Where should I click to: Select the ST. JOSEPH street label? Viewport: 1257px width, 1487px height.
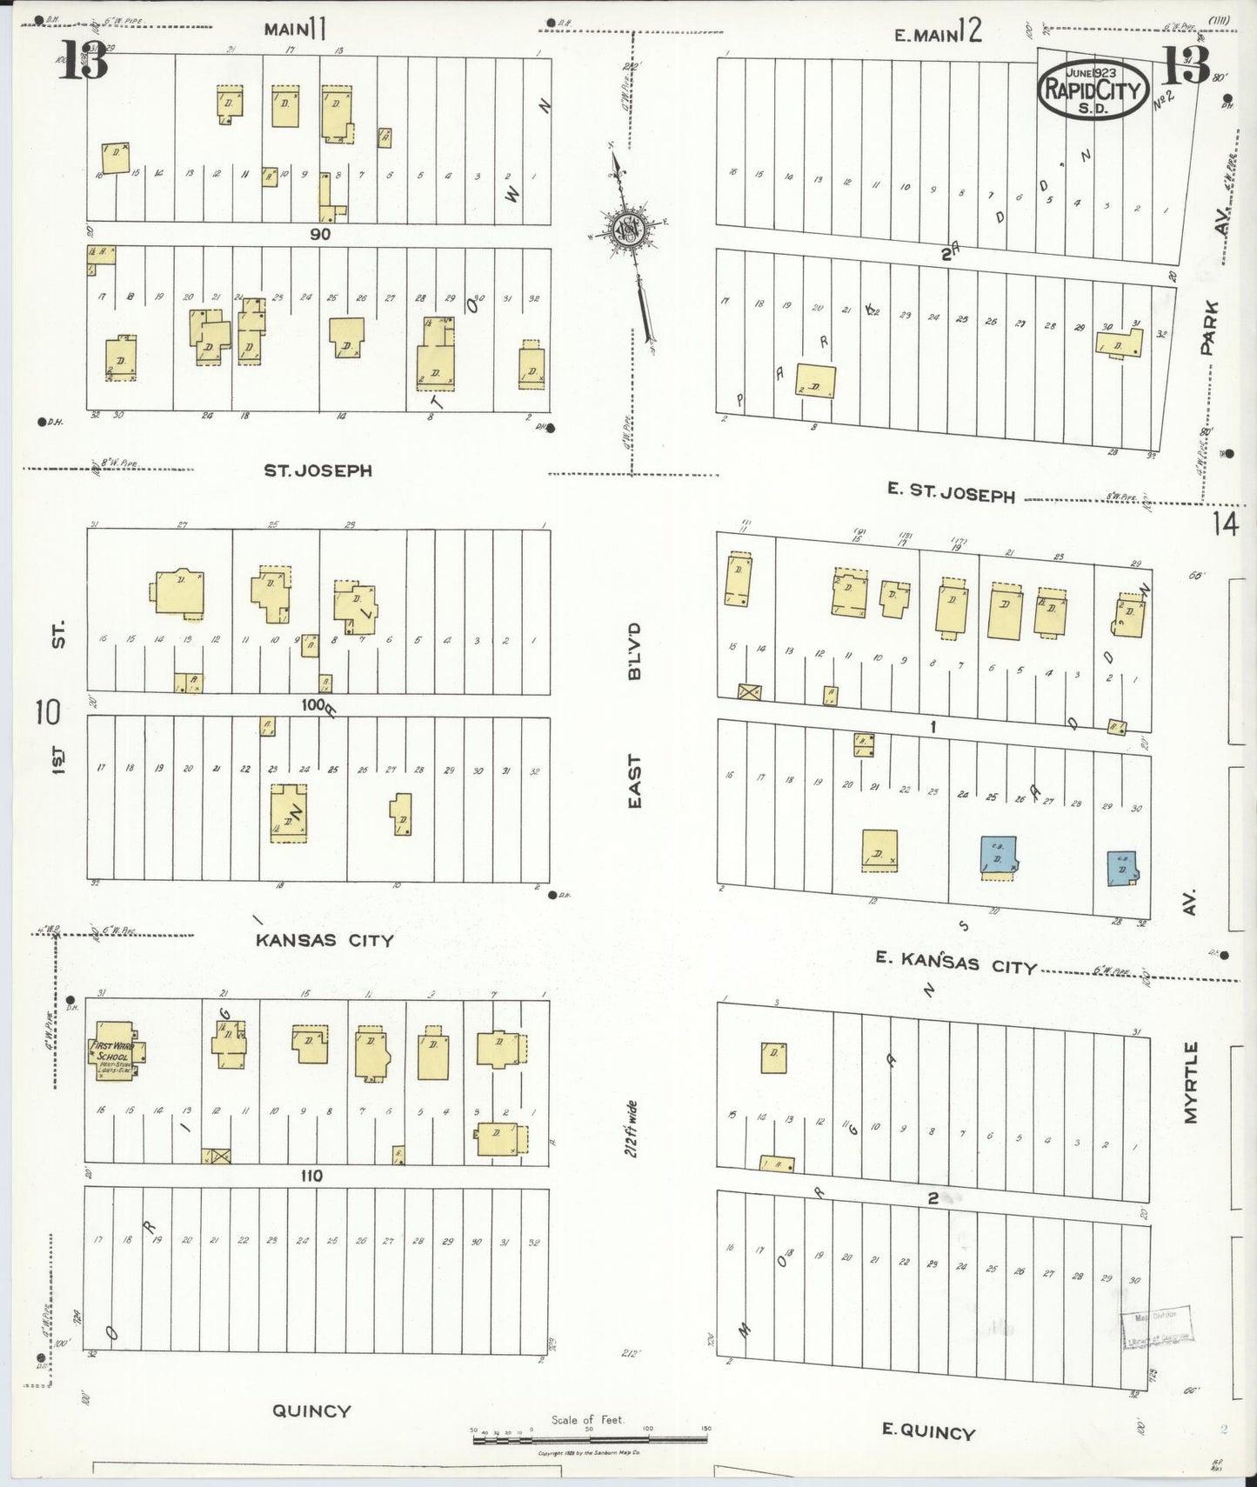318,470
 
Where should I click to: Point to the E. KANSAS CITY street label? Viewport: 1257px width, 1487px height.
956,963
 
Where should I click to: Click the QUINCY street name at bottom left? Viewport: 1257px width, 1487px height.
311,1410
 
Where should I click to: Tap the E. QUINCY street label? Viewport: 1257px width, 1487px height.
928,1431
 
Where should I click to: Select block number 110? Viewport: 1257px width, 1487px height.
311,1176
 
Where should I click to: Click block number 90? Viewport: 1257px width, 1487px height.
319,234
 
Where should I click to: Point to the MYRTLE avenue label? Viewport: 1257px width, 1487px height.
1191,1082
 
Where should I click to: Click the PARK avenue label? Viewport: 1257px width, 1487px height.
1207,327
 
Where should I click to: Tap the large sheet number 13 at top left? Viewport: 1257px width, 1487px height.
84,61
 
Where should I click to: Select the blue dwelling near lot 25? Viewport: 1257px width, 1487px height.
999,856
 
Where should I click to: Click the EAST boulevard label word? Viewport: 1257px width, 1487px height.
634,782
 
